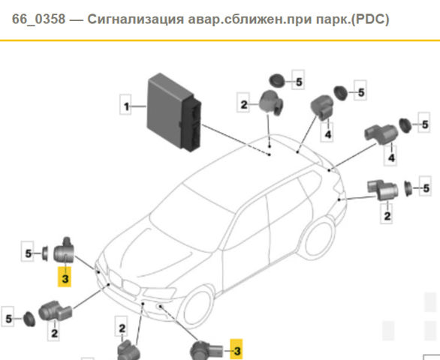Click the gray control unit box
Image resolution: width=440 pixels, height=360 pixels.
click(x=174, y=112)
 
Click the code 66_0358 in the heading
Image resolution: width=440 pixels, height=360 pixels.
click(x=38, y=19)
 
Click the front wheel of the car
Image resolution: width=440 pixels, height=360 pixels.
click(x=197, y=305)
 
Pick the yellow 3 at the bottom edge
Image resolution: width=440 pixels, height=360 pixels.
click(x=237, y=349)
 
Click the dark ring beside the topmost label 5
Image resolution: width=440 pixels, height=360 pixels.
click(x=276, y=81)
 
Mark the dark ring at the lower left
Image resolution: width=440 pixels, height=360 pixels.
click(x=29, y=319)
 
